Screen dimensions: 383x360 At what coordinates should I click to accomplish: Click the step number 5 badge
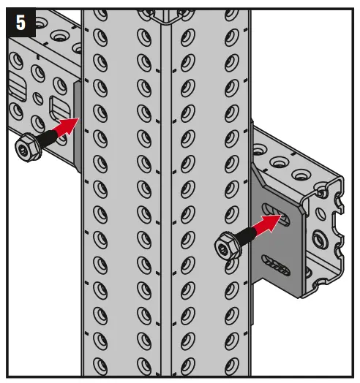[20, 22]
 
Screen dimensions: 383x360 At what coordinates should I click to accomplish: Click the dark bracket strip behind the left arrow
[77, 124]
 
